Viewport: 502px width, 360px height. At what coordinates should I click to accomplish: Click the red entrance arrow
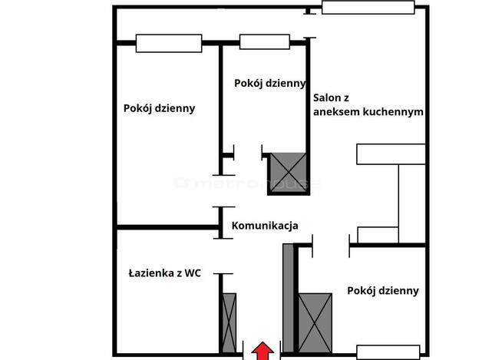click(263, 351)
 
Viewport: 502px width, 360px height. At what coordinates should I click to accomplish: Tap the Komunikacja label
click(265, 226)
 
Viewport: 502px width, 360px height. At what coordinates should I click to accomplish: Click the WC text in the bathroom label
click(192, 273)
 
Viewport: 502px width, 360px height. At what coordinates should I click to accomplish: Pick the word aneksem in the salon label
click(338, 111)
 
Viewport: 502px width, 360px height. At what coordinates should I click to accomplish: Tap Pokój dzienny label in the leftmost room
click(159, 108)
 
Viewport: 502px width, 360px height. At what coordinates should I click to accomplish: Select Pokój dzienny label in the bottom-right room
click(382, 290)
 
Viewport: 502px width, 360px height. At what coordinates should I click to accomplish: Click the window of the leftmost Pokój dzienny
click(169, 43)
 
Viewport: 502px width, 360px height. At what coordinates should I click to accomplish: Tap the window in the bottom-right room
click(388, 352)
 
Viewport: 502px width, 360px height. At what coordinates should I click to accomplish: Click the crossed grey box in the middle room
click(287, 173)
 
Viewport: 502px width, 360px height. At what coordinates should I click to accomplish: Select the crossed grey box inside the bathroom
click(228, 322)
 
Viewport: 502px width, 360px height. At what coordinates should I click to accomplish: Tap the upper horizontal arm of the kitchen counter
click(391, 154)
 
